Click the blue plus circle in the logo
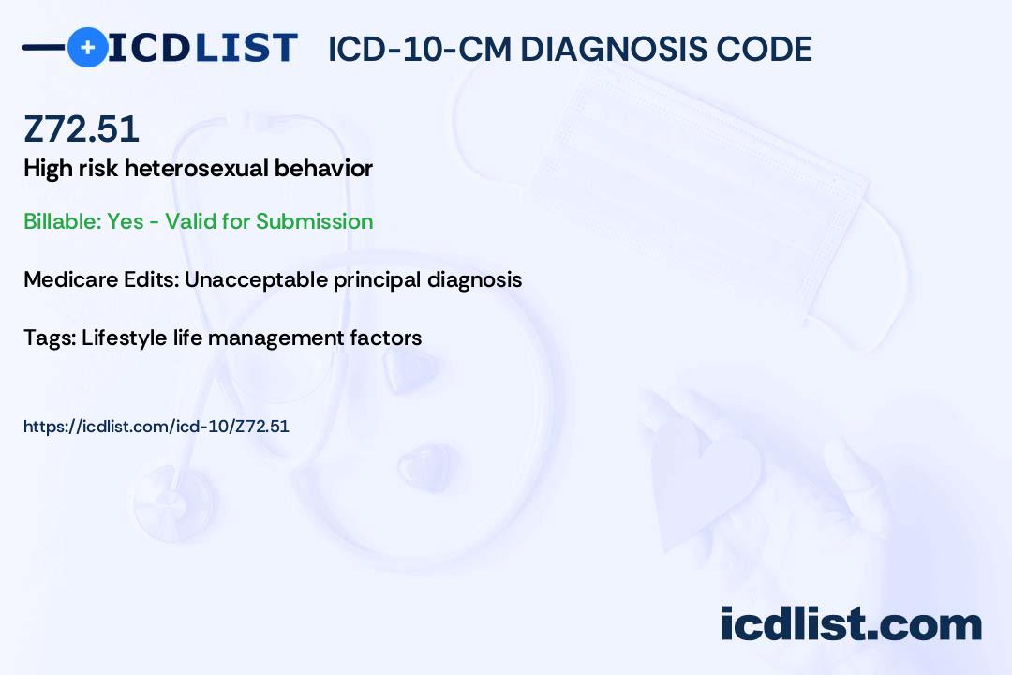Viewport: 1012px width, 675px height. coord(87,47)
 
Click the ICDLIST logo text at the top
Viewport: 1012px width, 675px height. coord(202,48)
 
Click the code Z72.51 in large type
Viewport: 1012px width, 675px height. coord(82,128)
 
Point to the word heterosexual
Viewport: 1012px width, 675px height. coord(196,168)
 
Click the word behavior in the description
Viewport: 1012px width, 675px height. coord(323,168)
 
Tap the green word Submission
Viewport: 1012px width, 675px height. coord(314,221)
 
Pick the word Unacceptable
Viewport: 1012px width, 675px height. coord(256,279)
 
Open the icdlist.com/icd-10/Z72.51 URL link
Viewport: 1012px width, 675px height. coord(156,427)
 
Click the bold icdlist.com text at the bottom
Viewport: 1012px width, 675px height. coord(851,623)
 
